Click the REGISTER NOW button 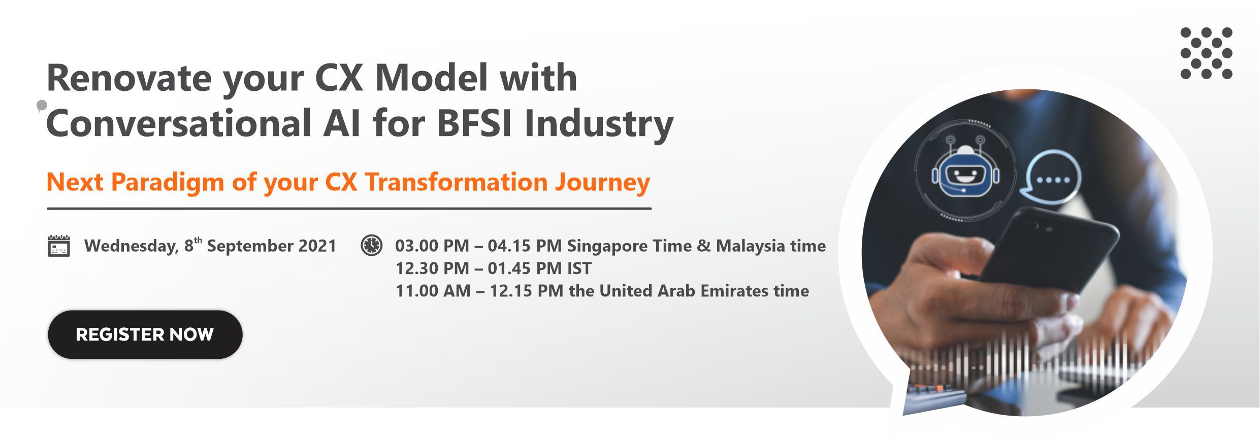(145, 334)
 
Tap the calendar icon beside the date (59, 246)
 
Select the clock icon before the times (371, 245)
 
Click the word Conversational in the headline (179, 123)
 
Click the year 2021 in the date (317, 246)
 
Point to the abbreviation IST (579, 268)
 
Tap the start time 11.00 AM (433, 291)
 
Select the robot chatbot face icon (966, 172)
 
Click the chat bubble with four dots (1051, 178)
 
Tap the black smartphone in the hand (1046, 254)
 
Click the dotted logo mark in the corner (1207, 53)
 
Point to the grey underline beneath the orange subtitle (349, 209)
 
